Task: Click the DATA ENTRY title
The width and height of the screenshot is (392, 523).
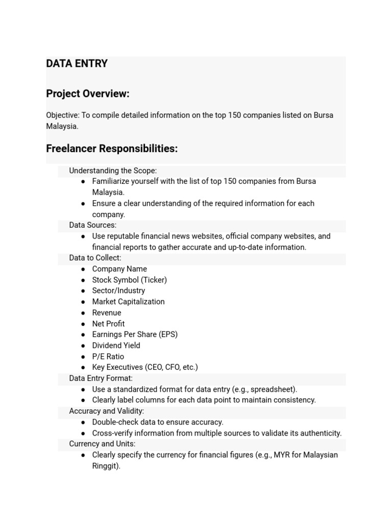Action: click(77, 64)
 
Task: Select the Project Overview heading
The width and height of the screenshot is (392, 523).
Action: click(87, 94)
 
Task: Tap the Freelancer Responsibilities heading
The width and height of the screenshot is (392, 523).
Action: click(112, 149)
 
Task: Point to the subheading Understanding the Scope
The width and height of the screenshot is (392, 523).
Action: click(113, 171)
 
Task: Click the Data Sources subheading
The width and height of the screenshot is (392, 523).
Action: click(93, 225)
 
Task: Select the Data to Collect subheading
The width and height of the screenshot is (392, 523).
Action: click(95, 258)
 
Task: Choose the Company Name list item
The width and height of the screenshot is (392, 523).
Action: click(119, 269)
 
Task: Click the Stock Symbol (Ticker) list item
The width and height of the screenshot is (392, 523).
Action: click(129, 280)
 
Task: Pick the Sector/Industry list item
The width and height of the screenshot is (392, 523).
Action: click(118, 291)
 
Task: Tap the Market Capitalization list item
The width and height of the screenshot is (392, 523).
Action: click(128, 302)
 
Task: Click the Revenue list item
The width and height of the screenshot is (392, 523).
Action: click(107, 313)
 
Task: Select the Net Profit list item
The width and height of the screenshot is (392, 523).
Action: click(108, 324)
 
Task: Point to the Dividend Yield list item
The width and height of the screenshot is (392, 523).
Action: click(116, 346)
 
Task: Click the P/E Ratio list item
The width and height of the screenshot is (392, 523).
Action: click(108, 356)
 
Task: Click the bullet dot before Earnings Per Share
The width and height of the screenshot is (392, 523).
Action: click(83, 335)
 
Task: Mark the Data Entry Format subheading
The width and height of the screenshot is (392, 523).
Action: click(101, 378)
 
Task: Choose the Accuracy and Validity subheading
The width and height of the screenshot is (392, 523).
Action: click(106, 411)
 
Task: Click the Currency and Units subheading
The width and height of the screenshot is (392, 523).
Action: click(102, 444)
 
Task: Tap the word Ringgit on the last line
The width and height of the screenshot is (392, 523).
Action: click(105, 466)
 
